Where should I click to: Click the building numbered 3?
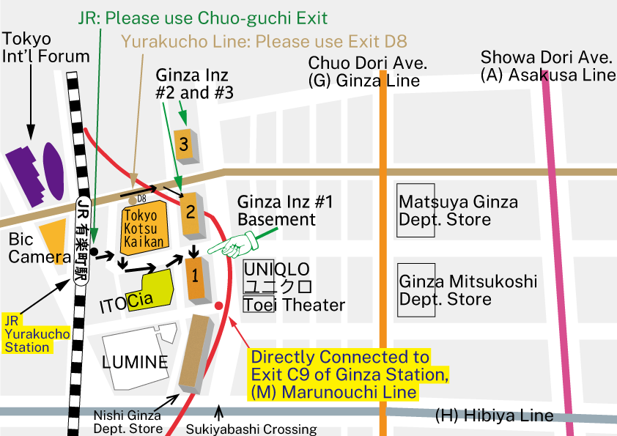(x=183, y=145)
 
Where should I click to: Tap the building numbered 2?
(x=191, y=214)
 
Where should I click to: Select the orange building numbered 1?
(x=195, y=277)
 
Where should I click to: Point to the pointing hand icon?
(x=231, y=245)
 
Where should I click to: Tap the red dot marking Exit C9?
(x=219, y=305)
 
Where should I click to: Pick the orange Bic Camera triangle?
(x=55, y=238)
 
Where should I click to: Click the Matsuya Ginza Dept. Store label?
(x=458, y=210)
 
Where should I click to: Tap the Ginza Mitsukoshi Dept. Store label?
(x=468, y=290)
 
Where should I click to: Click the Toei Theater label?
(x=293, y=305)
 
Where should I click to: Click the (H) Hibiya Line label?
(x=494, y=415)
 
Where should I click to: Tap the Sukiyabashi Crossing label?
(x=251, y=429)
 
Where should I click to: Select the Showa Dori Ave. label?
(x=546, y=57)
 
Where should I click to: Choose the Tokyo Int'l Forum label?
(x=45, y=48)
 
